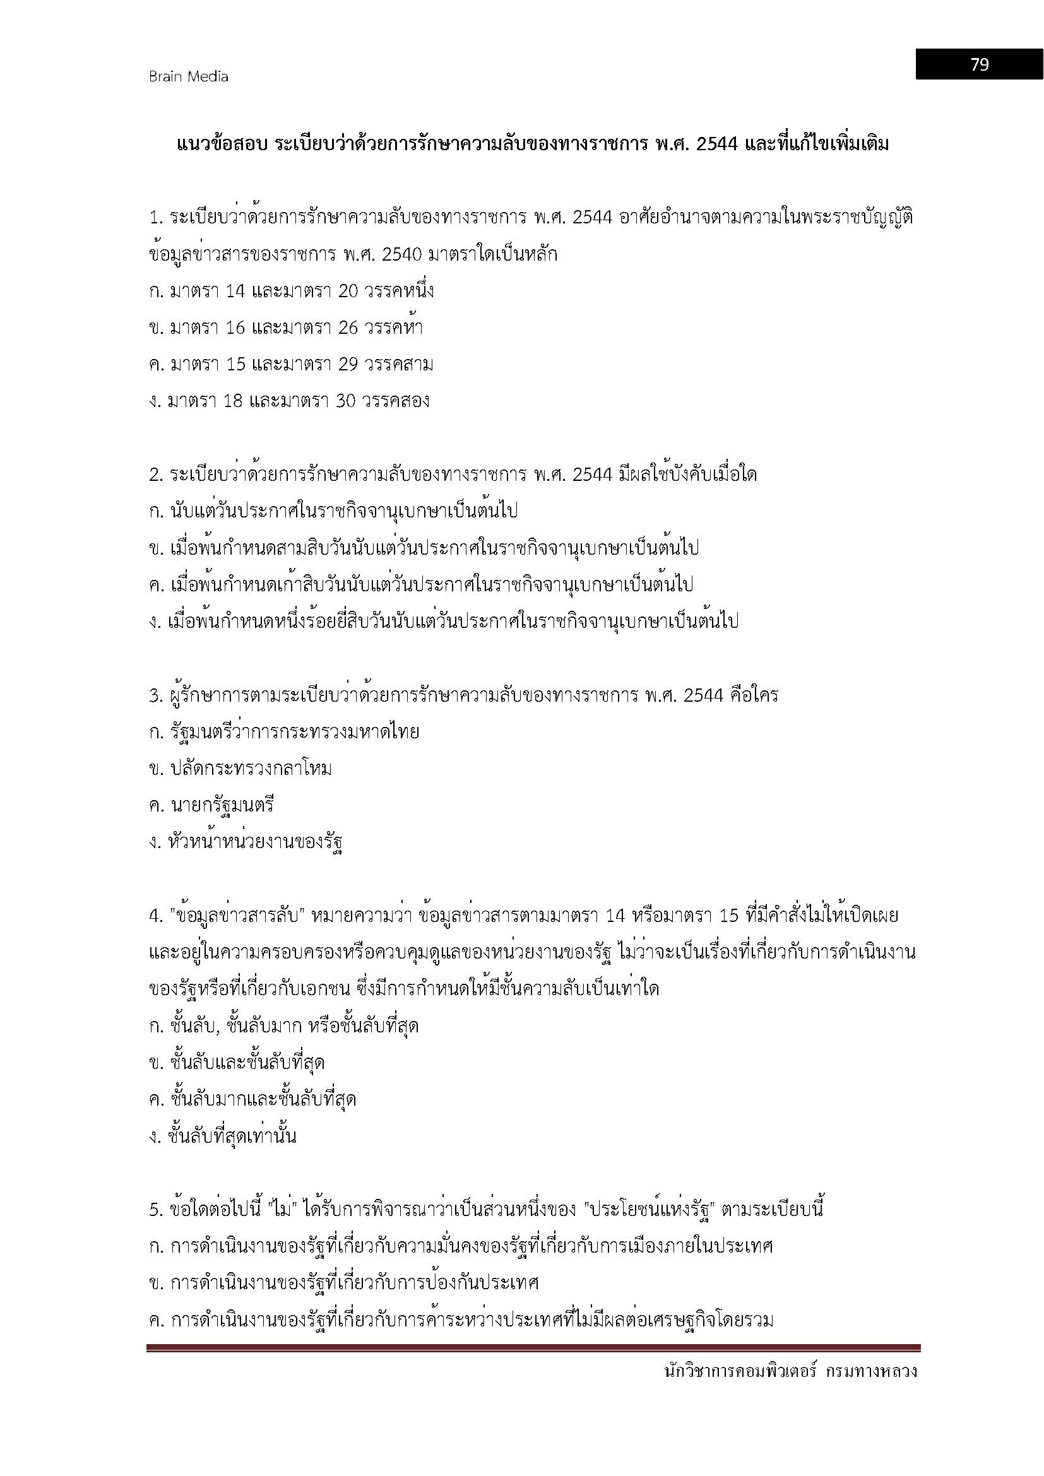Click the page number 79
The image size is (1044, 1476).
979,64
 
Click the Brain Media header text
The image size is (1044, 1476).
188,76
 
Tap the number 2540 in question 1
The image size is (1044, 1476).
401,254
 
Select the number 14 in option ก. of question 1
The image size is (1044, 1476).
236,291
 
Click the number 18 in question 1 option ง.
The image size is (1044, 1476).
232,401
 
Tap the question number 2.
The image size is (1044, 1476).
155,475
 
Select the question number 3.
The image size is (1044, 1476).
155,695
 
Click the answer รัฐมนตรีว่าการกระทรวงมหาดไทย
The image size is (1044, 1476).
294,732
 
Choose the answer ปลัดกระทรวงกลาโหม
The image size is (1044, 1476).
251,769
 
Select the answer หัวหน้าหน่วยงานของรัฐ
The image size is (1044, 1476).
255,842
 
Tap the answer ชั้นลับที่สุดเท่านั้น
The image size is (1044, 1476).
232,1136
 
